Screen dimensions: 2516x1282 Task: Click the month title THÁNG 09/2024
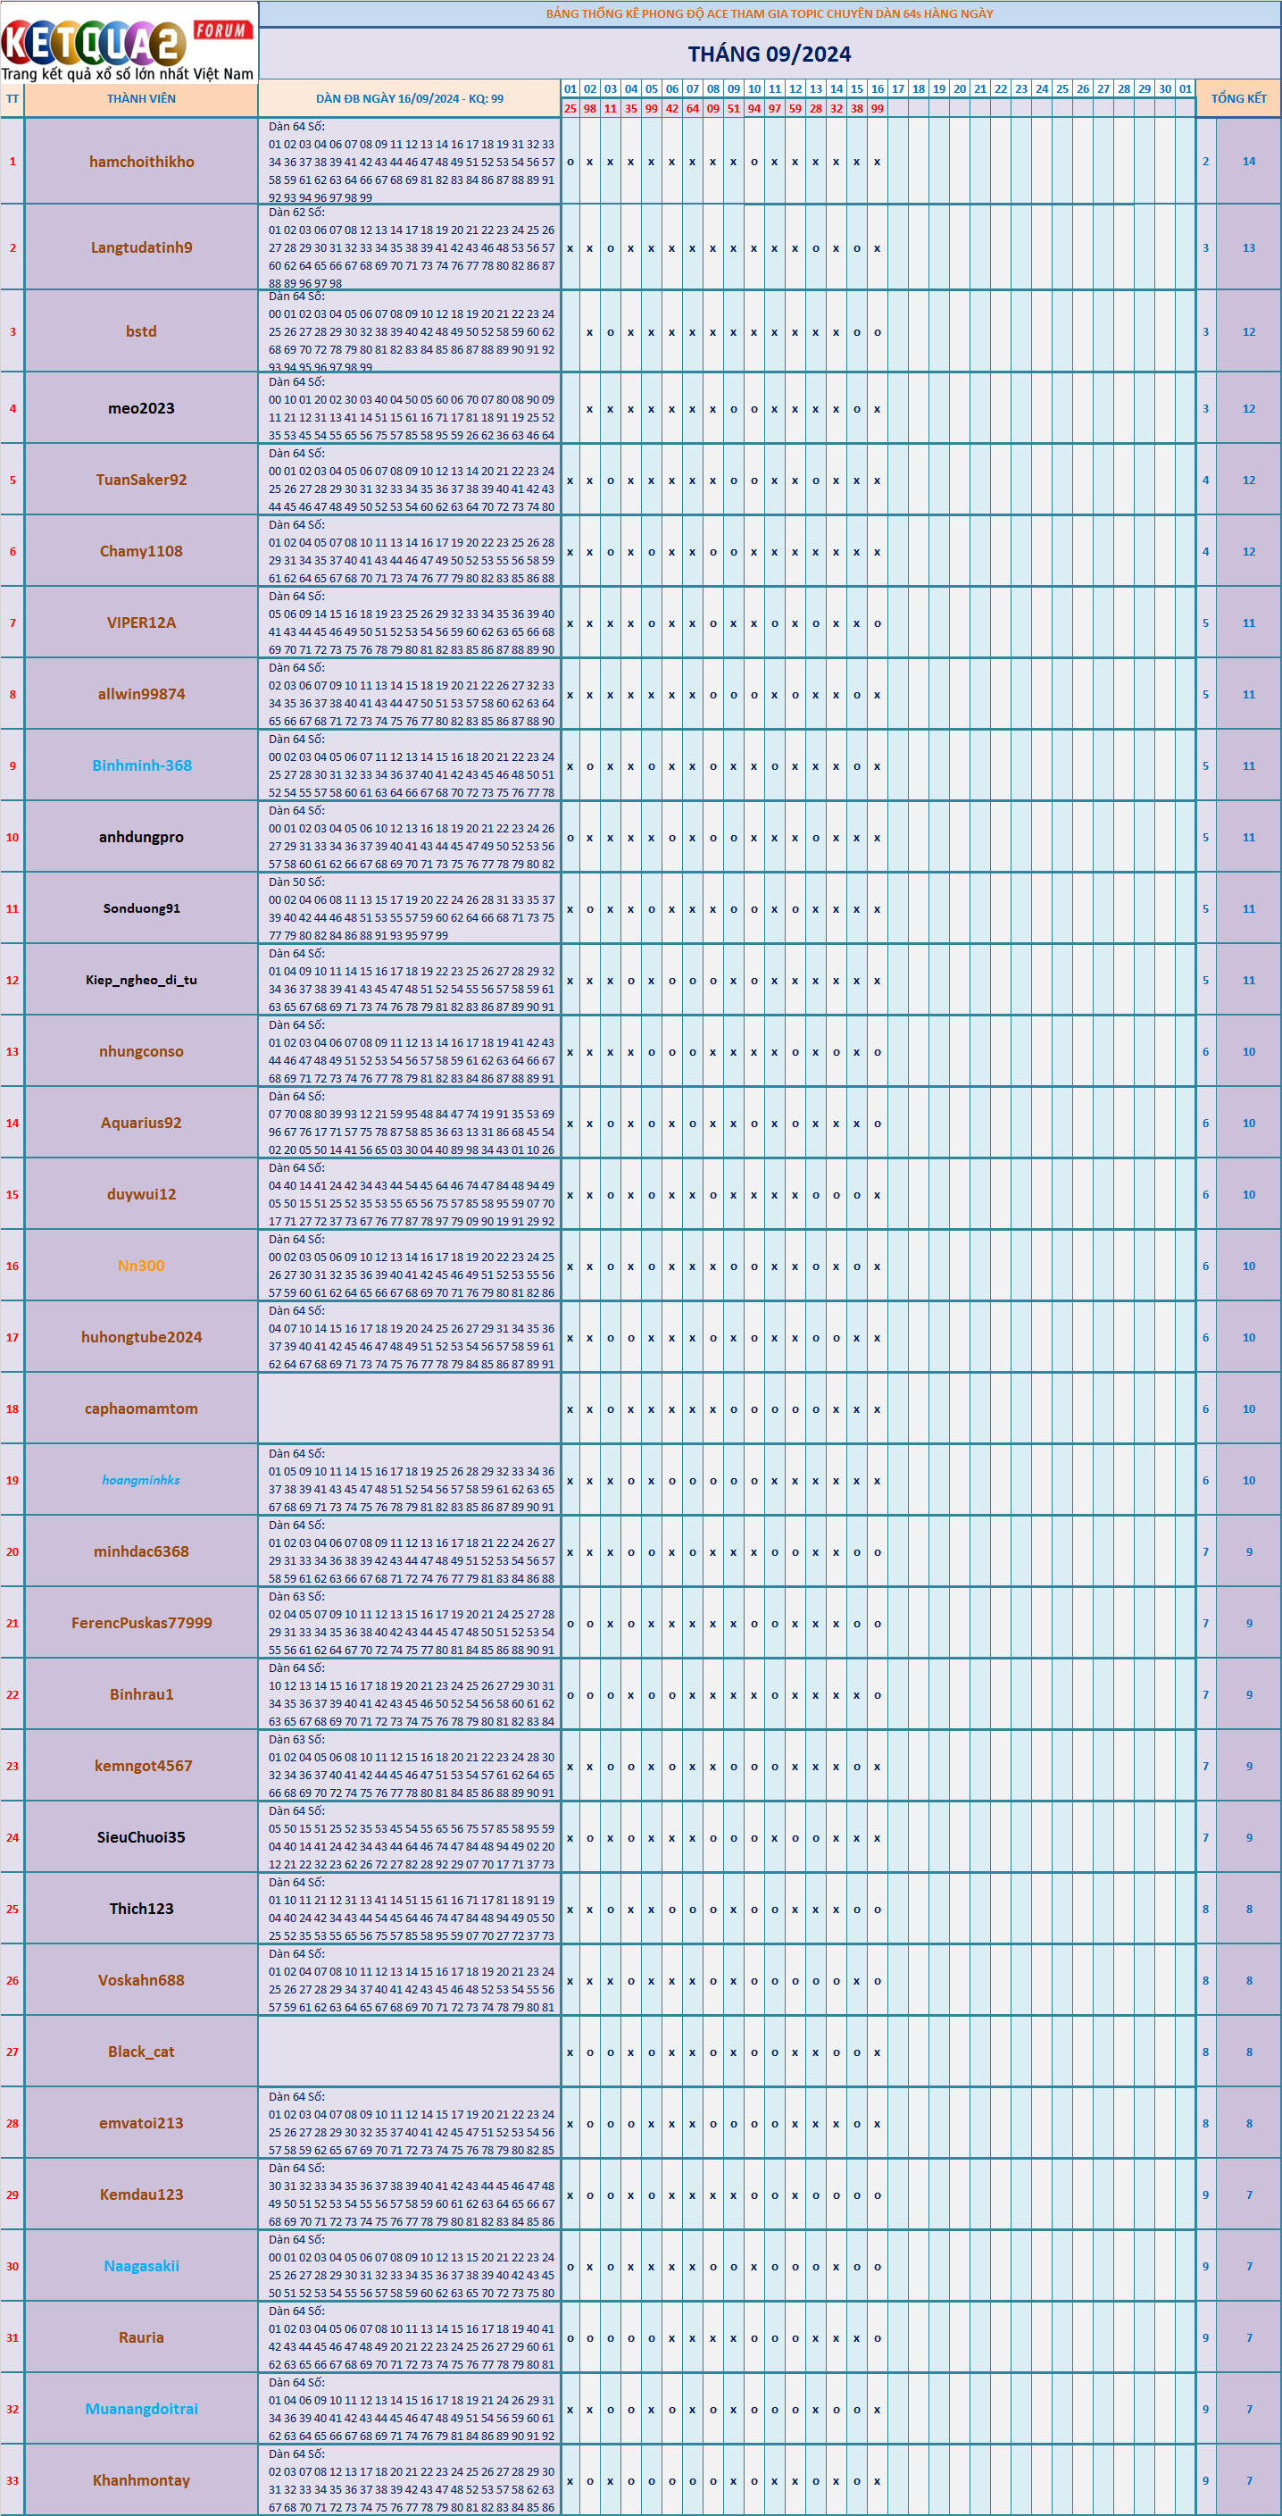769,54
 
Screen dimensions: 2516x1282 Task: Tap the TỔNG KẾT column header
1238,98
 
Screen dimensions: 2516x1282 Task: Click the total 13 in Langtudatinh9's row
1248,248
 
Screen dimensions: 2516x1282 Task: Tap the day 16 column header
877,89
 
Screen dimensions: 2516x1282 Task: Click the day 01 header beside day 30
1185,89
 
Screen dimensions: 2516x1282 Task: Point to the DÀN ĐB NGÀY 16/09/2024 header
409,98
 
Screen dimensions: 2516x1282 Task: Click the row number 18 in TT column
12,1408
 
